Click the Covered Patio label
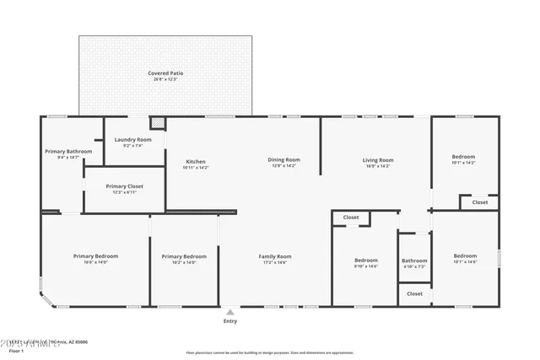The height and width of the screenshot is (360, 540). pyautogui.click(x=165, y=73)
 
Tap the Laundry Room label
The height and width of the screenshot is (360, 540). pyautogui.click(x=133, y=139)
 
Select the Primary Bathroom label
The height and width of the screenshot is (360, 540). pyautogui.click(x=62, y=151)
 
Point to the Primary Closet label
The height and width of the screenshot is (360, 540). pyautogui.click(x=124, y=186)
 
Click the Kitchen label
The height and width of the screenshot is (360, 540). pyautogui.click(x=196, y=161)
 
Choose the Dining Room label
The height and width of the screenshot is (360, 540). pyautogui.click(x=283, y=159)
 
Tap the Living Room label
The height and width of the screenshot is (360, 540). pyautogui.click(x=378, y=159)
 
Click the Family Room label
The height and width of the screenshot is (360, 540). pyautogui.click(x=274, y=256)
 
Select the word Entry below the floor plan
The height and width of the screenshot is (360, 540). pyautogui.click(x=230, y=321)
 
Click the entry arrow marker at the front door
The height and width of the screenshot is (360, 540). pyautogui.click(x=230, y=311)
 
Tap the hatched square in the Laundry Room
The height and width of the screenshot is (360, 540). pyautogui.click(x=157, y=123)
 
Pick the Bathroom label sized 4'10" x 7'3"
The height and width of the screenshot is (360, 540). pyautogui.click(x=414, y=261)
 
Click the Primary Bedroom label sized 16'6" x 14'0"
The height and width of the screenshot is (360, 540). pyautogui.click(x=95, y=256)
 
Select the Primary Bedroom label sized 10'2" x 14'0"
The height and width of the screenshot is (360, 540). pyautogui.click(x=184, y=256)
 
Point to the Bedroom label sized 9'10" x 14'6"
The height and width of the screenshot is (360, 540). pyautogui.click(x=365, y=261)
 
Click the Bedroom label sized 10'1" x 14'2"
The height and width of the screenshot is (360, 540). pyautogui.click(x=463, y=157)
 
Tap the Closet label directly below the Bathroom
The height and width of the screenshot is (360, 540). pyautogui.click(x=414, y=293)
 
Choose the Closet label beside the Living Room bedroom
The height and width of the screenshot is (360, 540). pyautogui.click(x=479, y=202)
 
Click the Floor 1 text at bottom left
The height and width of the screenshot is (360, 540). pyautogui.click(x=16, y=347)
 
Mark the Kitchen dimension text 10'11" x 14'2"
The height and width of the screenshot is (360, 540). pyautogui.click(x=196, y=168)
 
